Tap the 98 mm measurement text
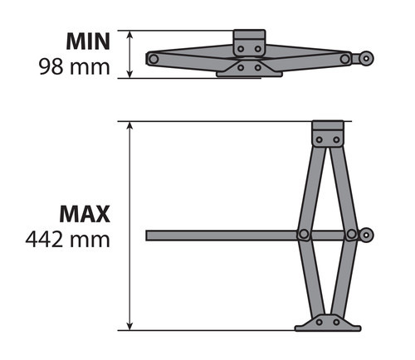click(74, 66)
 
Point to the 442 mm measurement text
click(70, 240)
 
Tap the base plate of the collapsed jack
click(248, 71)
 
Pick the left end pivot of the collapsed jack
click(152, 58)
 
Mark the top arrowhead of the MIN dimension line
click(130, 34)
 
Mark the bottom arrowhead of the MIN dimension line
click(130, 75)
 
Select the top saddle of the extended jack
click(327, 134)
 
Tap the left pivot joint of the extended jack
click(304, 235)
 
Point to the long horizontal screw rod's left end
click(149, 236)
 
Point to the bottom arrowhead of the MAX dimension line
click(130, 325)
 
